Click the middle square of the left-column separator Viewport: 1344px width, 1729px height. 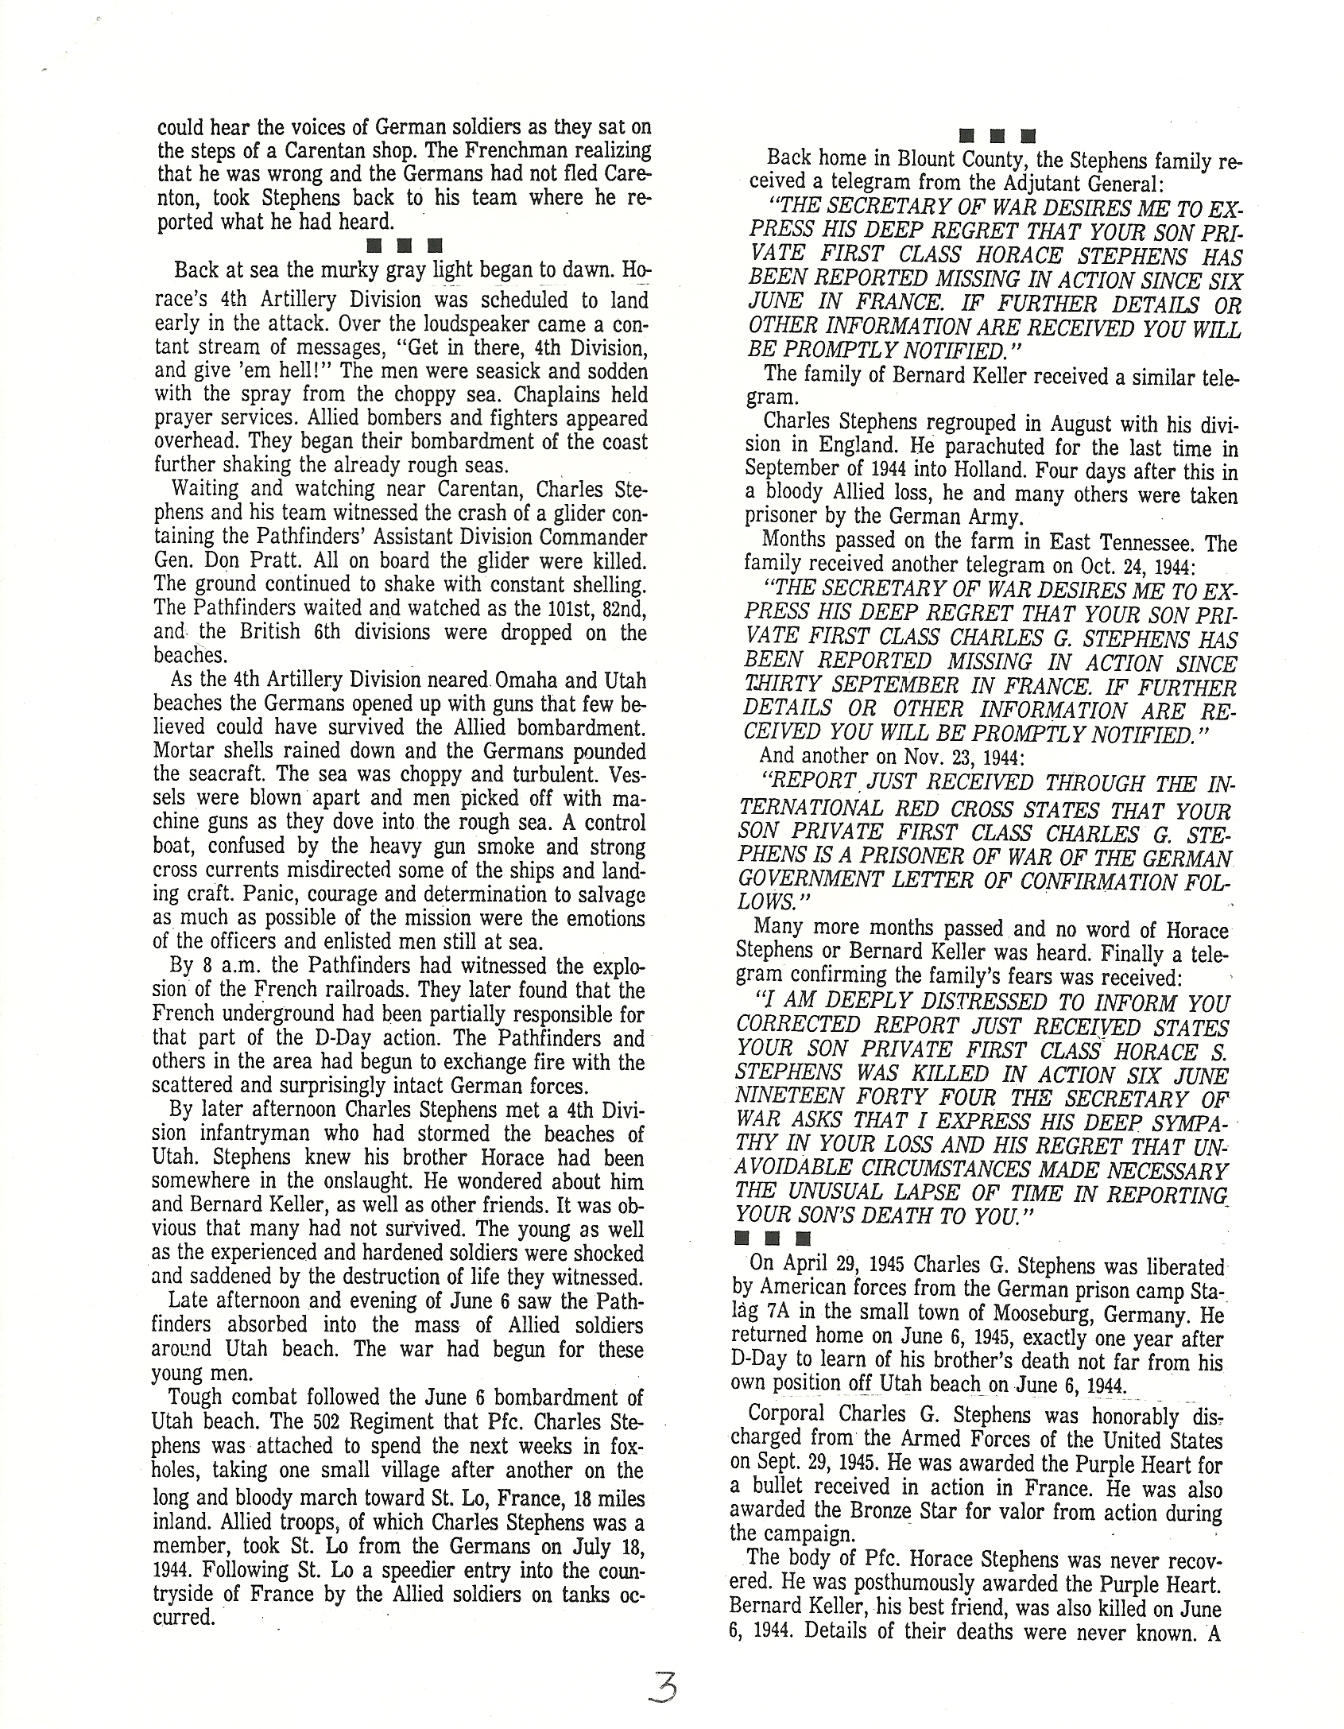click(x=403, y=245)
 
